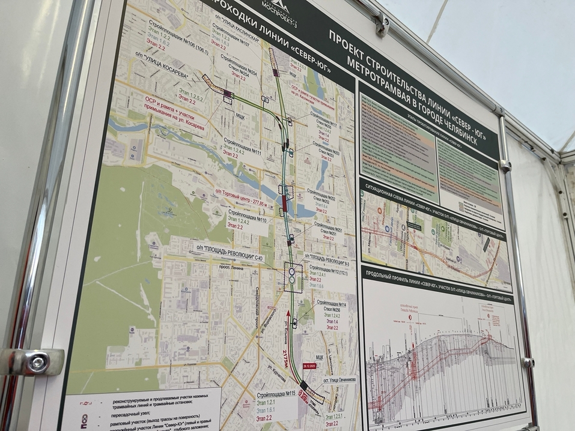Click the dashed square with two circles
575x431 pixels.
[293, 276]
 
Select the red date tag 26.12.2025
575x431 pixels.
[309, 365]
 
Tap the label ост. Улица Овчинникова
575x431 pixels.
[338, 379]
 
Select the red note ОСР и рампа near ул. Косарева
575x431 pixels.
[174, 112]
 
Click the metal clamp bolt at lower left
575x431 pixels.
[38, 362]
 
